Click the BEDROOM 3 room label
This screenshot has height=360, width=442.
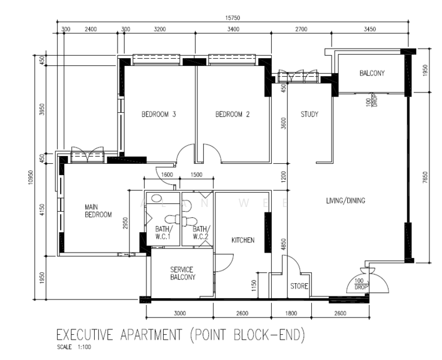pos(159,114)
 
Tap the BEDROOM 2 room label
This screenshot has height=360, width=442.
pos(233,114)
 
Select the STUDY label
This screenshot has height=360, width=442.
pos(309,114)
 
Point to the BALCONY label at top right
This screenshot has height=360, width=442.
pos(372,73)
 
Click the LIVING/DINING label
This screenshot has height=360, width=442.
pos(345,200)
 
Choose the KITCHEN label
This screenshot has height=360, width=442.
pos(243,240)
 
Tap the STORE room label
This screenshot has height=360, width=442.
pos(299,286)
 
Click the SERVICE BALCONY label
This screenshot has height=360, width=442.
pos(183,273)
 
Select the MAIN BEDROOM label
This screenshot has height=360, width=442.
pos(98,211)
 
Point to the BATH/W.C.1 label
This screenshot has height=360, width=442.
pos(163,233)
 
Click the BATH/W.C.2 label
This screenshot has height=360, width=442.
pos(200,233)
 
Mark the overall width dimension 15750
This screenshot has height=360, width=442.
pos(233,18)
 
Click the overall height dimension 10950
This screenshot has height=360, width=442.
pos(31,178)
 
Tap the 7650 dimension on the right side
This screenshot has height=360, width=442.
pos(425,178)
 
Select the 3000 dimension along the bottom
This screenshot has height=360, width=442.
pos(180,313)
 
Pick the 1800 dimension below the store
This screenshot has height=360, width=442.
pos(291,313)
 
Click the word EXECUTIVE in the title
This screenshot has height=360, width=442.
pos(85,335)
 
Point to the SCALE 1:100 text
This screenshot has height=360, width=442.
pos(74,347)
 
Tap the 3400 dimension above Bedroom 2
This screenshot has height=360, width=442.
pos(233,29)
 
